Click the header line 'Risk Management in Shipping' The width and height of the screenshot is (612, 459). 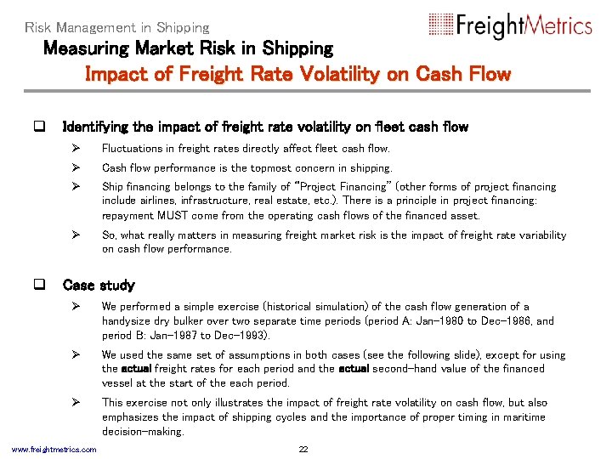pyautogui.click(x=116, y=27)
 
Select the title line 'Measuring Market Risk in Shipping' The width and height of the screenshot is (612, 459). pyautogui.click(x=188, y=49)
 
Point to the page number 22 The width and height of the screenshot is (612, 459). pyautogui.click(x=303, y=449)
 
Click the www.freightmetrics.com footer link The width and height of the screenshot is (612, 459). pyautogui.click(x=54, y=449)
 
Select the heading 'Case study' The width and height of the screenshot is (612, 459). pyautogui.click(x=99, y=286)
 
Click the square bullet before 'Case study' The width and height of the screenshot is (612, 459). pyautogui.click(x=38, y=286)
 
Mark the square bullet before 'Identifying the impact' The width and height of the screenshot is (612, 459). pyautogui.click(x=38, y=127)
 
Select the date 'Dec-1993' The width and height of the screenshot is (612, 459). pyautogui.click(x=239, y=336)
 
